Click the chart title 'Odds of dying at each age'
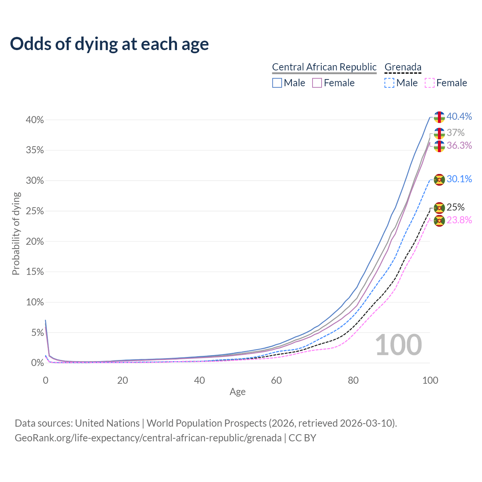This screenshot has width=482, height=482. point(109,44)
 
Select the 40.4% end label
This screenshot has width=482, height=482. point(459,117)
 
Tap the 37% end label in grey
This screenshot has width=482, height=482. point(456,133)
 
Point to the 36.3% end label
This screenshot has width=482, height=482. point(459,146)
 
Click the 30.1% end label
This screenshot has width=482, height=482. point(459,179)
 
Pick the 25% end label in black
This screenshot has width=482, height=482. point(456,207)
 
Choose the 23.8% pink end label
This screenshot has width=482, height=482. point(459,220)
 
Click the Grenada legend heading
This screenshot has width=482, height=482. point(403,67)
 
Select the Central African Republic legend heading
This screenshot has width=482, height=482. point(324,67)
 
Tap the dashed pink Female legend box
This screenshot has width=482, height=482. point(430,83)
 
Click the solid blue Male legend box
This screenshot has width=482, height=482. point(277,83)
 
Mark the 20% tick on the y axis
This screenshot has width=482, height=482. point(35,241)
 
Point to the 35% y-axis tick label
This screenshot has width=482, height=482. point(35,150)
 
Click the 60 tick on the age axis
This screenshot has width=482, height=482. point(276,380)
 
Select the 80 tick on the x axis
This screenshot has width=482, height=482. point(353,380)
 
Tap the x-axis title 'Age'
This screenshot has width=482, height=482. point(238,392)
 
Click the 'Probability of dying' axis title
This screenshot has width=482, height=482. point(16,233)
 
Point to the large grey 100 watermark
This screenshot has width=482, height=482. point(398,345)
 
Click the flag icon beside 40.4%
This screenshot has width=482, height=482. point(439,117)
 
